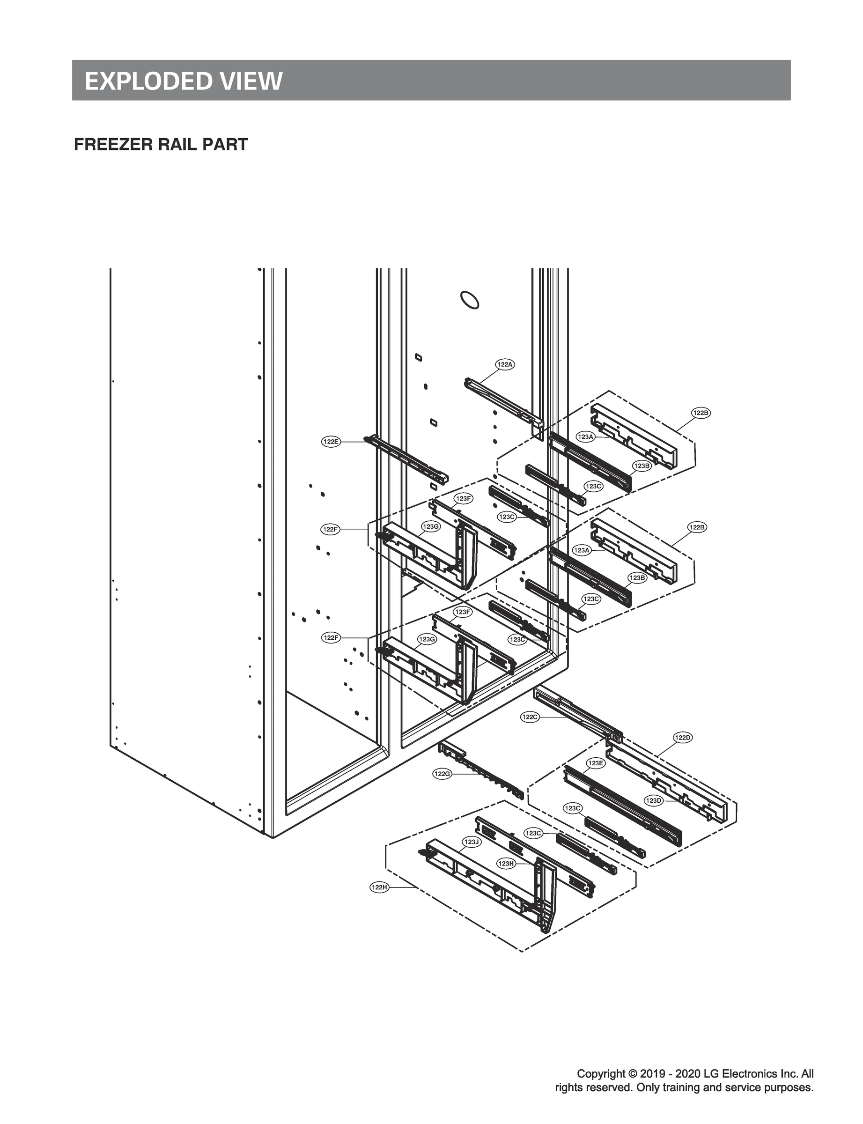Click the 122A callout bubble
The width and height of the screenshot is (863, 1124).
pos(505,364)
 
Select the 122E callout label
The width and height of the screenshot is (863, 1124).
pos(331,441)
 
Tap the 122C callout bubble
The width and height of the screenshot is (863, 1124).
pos(530,717)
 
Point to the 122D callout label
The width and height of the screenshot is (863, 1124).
pos(683,738)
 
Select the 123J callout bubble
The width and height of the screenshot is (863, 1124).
pos(471,842)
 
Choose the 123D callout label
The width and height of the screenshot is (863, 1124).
pos(653,800)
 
